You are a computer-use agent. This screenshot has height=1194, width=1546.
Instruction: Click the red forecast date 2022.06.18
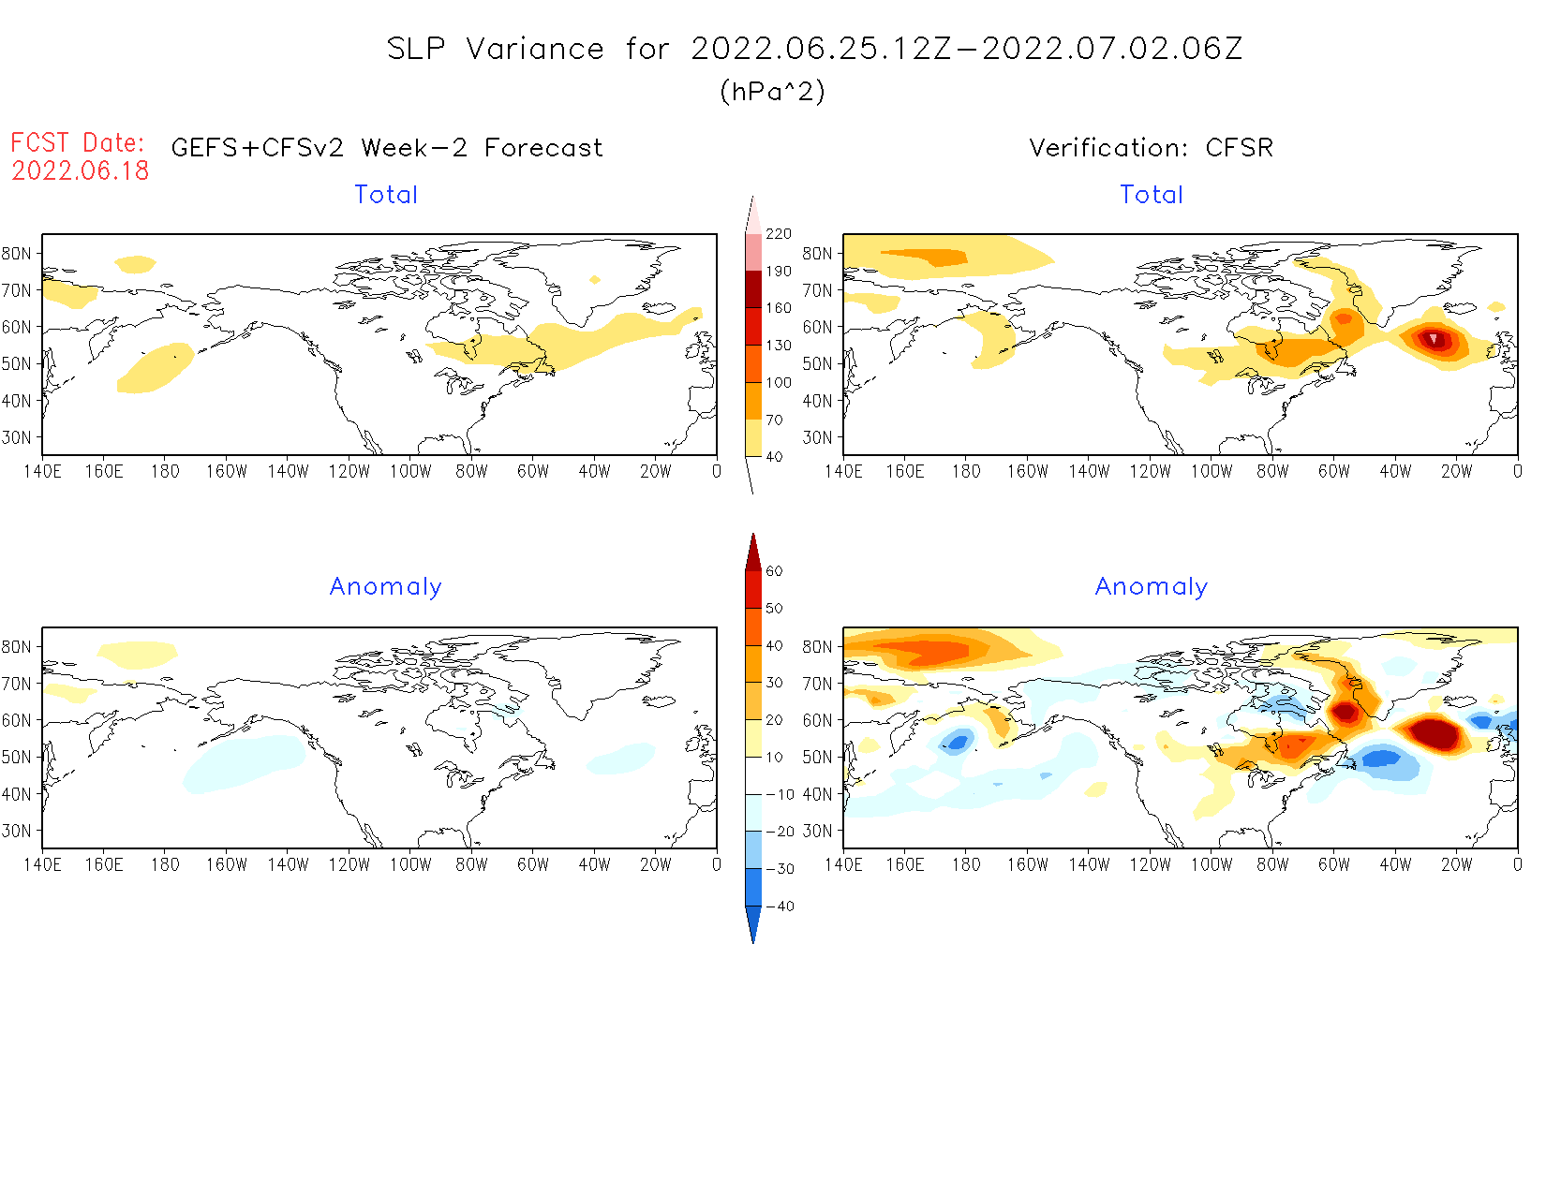pyautogui.click(x=81, y=170)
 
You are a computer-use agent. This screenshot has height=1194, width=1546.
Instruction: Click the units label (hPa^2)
pyautogui.click(x=772, y=91)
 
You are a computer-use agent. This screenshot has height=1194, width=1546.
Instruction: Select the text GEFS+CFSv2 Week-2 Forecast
pyautogui.click(x=387, y=148)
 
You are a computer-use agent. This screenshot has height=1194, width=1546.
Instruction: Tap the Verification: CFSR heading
pyautogui.click(x=1151, y=148)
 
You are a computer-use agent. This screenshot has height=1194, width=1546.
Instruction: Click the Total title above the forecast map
pyautogui.click(x=386, y=195)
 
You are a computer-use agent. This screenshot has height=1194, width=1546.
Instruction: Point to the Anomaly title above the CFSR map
pyautogui.click(x=1152, y=586)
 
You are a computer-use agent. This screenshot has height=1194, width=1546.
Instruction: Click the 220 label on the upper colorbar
pyautogui.click(x=778, y=234)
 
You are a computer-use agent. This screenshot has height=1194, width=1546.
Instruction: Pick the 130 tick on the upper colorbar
pyautogui.click(x=778, y=346)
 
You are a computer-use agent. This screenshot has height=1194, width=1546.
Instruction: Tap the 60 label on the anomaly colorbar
pyautogui.click(x=774, y=571)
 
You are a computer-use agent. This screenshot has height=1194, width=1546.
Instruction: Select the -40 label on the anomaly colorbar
pyautogui.click(x=780, y=907)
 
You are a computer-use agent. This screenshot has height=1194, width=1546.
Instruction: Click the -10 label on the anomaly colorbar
pyautogui.click(x=780, y=795)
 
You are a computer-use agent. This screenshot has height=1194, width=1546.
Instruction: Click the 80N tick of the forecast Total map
pyautogui.click(x=17, y=253)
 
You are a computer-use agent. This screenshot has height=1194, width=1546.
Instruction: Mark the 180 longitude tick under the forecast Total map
pyautogui.click(x=165, y=471)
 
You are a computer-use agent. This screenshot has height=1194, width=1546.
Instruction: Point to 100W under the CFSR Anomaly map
pyautogui.click(x=1211, y=864)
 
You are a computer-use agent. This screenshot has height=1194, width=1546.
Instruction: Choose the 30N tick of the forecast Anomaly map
pyautogui.click(x=17, y=831)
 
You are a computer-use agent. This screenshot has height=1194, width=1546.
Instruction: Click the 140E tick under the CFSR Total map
pyautogui.click(x=843, y=471)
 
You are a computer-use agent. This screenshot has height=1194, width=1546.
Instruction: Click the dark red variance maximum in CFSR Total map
pyautogui.click(x=1434, y=338)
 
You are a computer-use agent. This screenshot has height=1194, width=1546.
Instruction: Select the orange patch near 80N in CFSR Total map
pyautogui.click(x=928, y=256)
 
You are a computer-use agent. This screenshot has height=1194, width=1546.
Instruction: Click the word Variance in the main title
pyautogui.click(x=535, y=49)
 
